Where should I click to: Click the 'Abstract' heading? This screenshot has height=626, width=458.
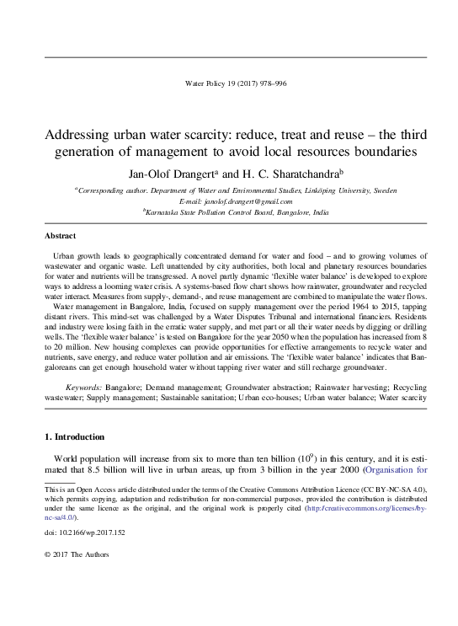click(x=60, y=236)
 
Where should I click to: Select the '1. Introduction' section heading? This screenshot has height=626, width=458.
click(x=73, y=437)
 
